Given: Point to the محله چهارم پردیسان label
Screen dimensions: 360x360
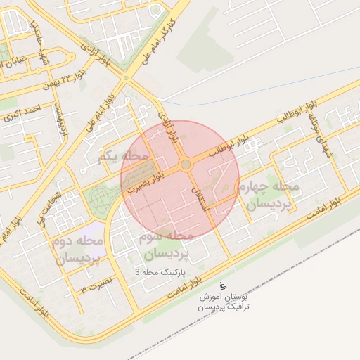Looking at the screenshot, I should pyautogui.click(x=270, y=195).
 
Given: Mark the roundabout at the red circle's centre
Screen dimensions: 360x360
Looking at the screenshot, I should pyautogui.click(x=186, y=165).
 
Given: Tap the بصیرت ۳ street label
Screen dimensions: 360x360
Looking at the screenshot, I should pyautogui.click(x=96, y=285).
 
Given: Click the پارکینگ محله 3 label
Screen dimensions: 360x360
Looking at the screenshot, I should pyautogui.click(x=163, y=270).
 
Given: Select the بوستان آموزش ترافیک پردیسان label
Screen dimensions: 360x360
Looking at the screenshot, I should pyautogui.click(x=223, y=303).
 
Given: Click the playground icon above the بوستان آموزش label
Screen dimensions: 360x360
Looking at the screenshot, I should pyautogui.click(x=224, y=285).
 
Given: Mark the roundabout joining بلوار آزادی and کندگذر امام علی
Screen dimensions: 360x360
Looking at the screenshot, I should pyautogui.click(x=126, y=77).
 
